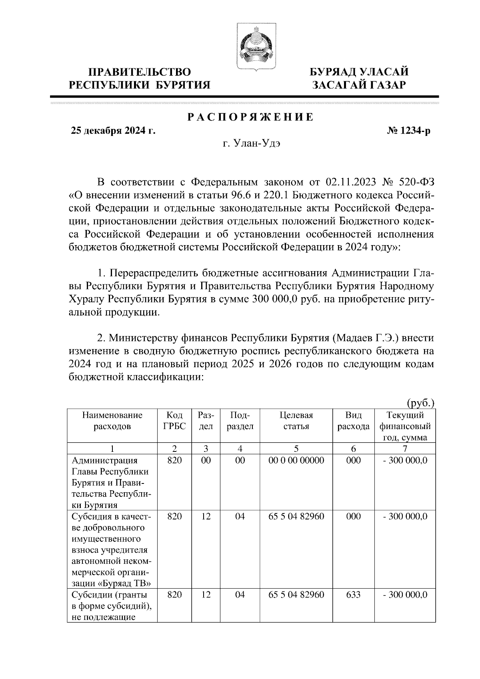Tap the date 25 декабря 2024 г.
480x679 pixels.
point(113,131)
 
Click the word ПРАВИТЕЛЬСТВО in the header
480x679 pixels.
point(140,72)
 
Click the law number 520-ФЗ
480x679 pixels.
point(417,183)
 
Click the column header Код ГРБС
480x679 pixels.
point(174,421)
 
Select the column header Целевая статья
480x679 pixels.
point(296,421)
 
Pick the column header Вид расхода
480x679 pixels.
point(353,421)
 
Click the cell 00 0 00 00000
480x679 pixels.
point(296,460)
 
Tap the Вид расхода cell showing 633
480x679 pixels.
point(353,595)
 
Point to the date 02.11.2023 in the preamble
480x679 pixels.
point(351,183)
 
